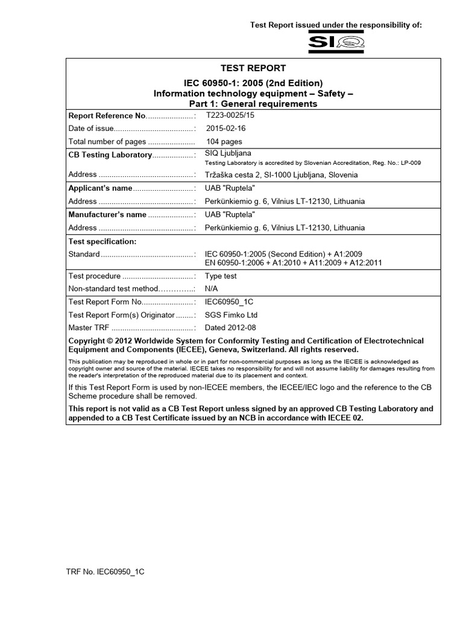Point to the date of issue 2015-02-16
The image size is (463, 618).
225,129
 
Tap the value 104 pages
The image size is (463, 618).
224,142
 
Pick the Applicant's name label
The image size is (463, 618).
100,188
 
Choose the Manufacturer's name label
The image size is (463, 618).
107,214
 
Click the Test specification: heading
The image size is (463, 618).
102,241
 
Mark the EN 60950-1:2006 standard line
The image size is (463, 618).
293,263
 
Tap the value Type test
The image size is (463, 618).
221,276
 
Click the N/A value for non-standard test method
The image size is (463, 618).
212,288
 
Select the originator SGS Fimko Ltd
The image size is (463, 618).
231,315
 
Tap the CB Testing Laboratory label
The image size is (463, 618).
110,155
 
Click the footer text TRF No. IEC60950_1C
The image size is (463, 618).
105,570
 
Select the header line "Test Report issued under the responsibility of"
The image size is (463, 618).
336,25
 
